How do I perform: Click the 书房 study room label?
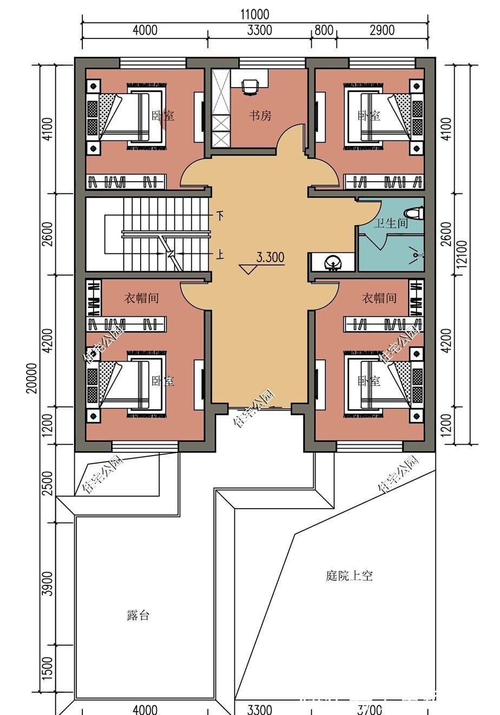[260, 116]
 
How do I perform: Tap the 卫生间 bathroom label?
[390, 223]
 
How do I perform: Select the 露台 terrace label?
[138, 616]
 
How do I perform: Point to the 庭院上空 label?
[349, 576]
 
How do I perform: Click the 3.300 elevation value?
[270, 257]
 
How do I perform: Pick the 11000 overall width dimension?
[254, 14]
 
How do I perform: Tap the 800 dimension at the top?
[324, 30]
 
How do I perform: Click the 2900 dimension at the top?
[382, 30]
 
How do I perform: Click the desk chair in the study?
[249, 86]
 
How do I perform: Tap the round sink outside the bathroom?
[332, 263]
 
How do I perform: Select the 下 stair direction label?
[220, 216]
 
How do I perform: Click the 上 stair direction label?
[220, 255]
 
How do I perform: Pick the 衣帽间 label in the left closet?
[141, 298]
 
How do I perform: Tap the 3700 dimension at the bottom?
[370, 709]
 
